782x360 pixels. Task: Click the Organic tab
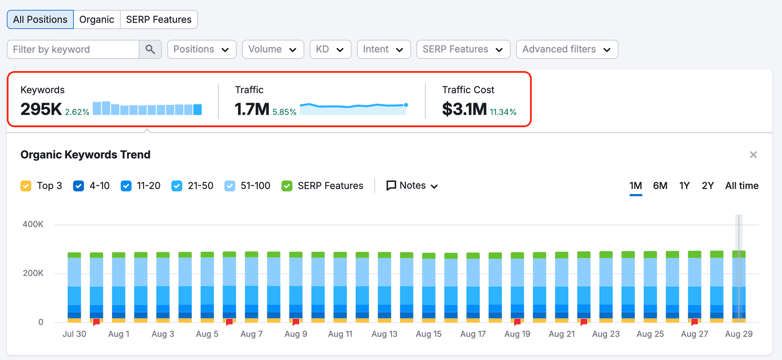(x=96, y=20)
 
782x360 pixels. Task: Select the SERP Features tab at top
(x=158, y=20)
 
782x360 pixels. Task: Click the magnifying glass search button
(x=150, y=49)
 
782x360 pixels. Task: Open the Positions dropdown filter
(x=201, y=49)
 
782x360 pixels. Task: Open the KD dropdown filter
(x=330, y=49)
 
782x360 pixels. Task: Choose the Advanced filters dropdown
(x=566, y=49)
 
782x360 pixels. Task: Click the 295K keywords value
(x=41, y=109)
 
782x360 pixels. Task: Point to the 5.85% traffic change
(x=284, y=112)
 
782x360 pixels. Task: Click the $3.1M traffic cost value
(x=464, y=109)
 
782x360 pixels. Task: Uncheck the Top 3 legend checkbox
(x=26, y=186)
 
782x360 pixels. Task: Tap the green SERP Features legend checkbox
(x=287, y=186)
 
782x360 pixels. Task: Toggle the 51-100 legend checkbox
(x=230, y=186)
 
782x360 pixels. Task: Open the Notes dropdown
(x=412, y=186)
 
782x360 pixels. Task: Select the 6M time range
(x=660, y=186)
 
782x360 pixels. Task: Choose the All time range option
(x=741, y=186)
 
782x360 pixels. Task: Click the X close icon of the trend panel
(x=753, y=155)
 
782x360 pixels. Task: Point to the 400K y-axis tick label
(x=33, y=224)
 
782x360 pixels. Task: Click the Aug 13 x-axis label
(x=384, y=334)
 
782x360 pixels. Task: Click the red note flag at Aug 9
(x=296, y=322)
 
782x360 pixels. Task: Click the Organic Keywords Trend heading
(x=86, y=155)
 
